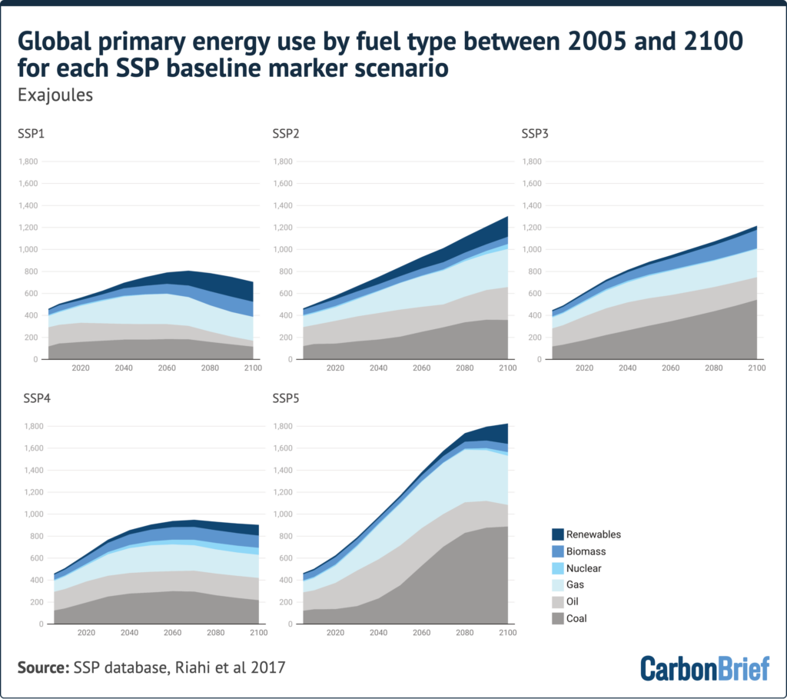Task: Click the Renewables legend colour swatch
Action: click(558, 534)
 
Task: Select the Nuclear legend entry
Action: click(576, 568)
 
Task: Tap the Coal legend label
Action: click(576, 619)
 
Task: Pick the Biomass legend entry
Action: click(579, 551)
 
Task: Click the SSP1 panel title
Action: click(31, 134)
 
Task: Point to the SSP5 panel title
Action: click(286, 398)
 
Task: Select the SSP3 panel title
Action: click(535, 134)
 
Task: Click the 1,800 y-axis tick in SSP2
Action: click(283, 161)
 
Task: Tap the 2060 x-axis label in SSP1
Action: click(167, 368)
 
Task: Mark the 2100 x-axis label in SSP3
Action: click(757, 368)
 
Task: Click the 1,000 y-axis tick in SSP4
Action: click(34, 514)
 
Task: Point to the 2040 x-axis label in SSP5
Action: click(378, 633)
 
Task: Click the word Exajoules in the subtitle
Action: click(55, 95)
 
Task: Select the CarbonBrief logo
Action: click(705, 668)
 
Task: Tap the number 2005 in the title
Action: click(596, 42)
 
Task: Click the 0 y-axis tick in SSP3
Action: click(540, 360)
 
